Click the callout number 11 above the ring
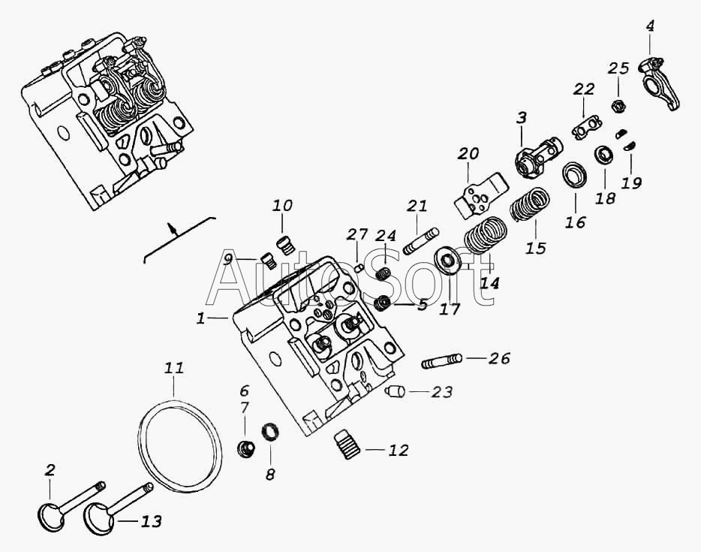tap(174, 368)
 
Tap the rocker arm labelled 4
tap(659, 83)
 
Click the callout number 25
tap(618, 68)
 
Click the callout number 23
tap(441, 392)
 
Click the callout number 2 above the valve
tap(50, 469)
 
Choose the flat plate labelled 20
tap(481, 195)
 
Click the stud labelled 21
tap(421, 242)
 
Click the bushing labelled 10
tap(284, 245)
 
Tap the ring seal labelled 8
tap(270, 432)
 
